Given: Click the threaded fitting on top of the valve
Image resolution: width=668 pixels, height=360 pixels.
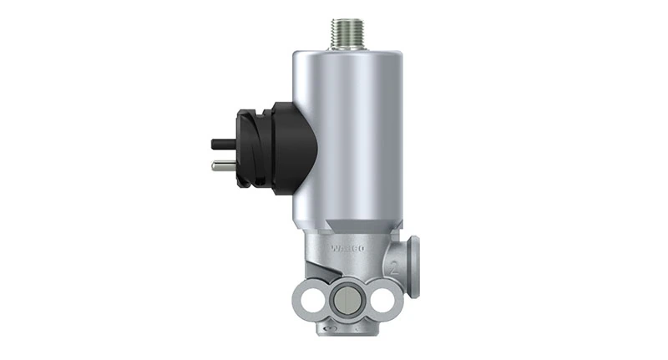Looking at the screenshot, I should [x=345, y=33].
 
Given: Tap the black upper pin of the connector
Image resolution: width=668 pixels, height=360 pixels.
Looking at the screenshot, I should [x=222, y=143].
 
